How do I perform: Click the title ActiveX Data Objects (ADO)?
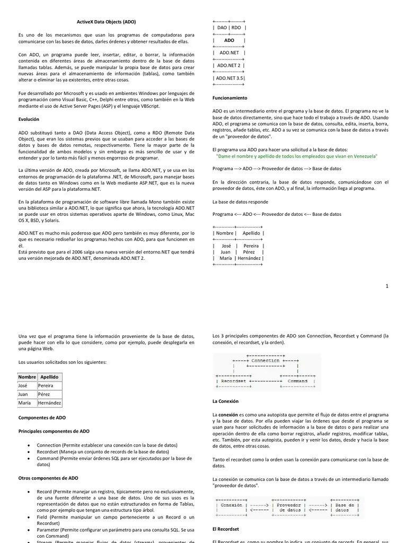pos(103,22)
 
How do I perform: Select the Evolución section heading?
pos(29,119)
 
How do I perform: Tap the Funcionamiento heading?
pos(230,98)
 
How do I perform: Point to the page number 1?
pos(387,286)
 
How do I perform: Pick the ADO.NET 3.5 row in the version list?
pos(229,78)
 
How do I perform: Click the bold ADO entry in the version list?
pos(229,40)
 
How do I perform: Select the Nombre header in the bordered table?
pos(27,376)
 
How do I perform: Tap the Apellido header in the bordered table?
pos(49,376)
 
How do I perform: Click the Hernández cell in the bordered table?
pos(49,403)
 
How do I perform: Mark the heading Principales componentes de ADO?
pos(54,431)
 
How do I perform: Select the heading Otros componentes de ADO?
pos(48,478)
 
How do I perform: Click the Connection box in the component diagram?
pos(266,361)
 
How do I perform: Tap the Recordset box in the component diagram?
pos(233,381)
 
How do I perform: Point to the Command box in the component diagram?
pos(297,381)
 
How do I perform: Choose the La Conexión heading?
pos(226,401)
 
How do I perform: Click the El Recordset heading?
pos(225,529)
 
